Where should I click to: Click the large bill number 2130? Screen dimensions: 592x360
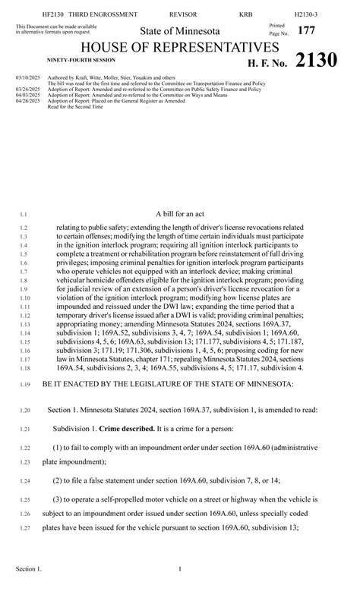point(316,61)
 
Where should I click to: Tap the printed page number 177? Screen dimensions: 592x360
point(306,30)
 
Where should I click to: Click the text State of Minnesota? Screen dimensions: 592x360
point(180,31)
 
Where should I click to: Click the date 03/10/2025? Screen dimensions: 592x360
point(27,77)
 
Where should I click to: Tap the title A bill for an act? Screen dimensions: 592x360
point(180,215)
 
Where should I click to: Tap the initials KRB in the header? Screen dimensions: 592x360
point(246,14)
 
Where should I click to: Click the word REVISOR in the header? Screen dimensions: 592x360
point(182,14)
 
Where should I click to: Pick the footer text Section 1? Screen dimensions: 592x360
point(29,568)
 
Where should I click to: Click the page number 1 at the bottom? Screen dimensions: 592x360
point(180,568)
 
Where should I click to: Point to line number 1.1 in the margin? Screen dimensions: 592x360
point(24,216)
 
